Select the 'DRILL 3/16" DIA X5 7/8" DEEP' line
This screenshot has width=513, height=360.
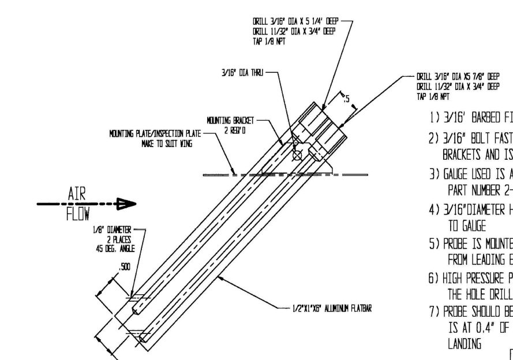click(x=457, y=76)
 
